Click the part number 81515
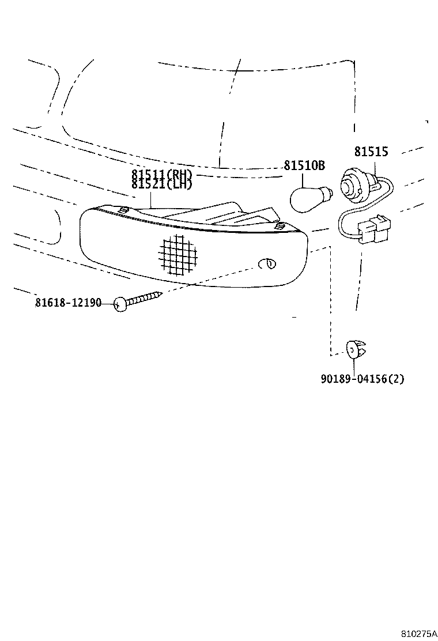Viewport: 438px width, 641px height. point(371,152)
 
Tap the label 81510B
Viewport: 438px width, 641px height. point(304,167)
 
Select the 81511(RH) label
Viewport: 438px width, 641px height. point(161,175)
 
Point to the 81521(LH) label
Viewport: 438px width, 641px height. point(161,184)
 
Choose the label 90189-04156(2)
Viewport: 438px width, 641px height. point(363,379)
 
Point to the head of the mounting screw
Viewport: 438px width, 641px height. point(120,304)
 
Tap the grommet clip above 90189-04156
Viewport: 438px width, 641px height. point(356,349)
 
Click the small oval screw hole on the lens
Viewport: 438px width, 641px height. point(267,264)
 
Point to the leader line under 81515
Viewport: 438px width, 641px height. point(375,168)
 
